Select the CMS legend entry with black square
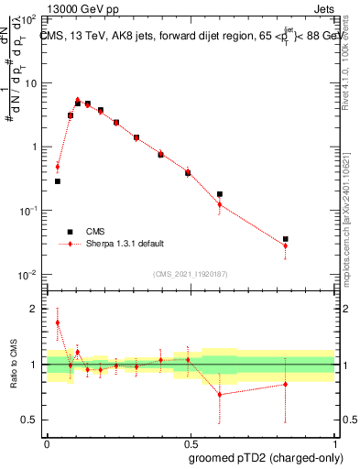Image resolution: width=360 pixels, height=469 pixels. [x=70, y=232]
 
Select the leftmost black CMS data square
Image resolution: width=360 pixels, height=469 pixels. [x=58, y=181]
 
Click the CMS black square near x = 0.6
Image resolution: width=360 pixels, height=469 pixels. [x=220, y=194]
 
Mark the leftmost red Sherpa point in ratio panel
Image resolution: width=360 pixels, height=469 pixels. [x=58, y=322]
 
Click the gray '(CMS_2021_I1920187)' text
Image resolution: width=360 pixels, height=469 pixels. [x=191, y=274]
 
